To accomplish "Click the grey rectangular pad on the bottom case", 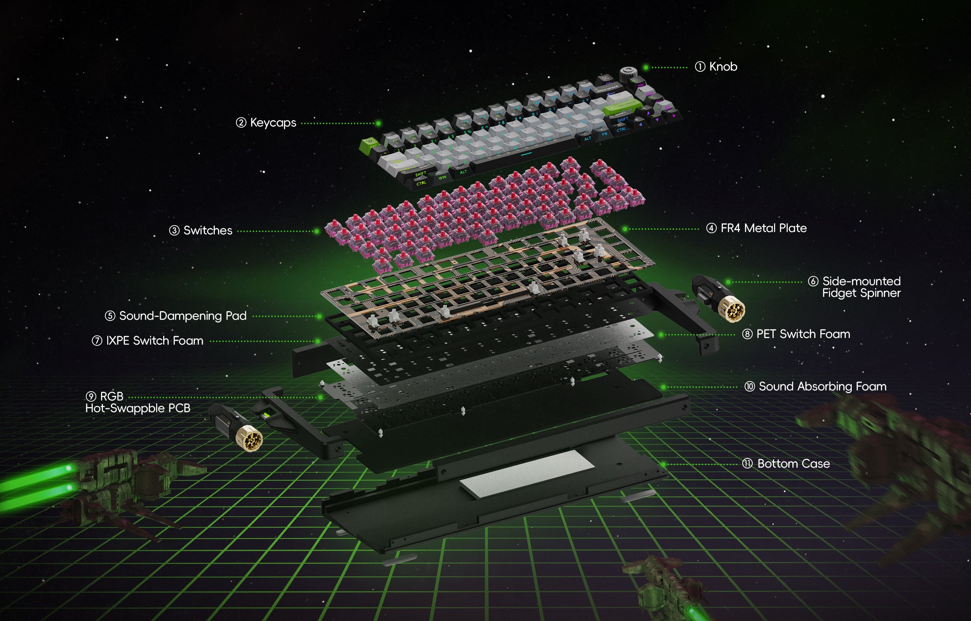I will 526,474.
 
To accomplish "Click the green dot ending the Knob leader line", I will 646,68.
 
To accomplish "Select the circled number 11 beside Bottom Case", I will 747,464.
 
